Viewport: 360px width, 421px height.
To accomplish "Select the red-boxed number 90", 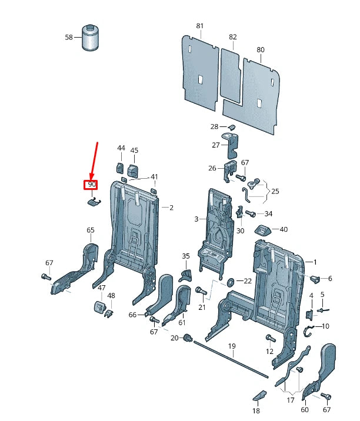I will coord(92,185).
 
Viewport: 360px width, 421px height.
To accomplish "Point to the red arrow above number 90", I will coord(94,160).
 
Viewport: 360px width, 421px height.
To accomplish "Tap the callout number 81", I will coord(199,26).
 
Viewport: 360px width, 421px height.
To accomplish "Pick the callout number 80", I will coord(261,50).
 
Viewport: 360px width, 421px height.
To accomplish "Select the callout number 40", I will coord(284,229).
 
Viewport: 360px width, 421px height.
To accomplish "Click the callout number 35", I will coord(186,256).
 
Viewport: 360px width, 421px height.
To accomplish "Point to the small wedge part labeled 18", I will coord(259,395).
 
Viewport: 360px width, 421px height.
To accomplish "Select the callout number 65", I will coord(91,230).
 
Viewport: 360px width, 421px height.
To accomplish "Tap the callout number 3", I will coord(196,219).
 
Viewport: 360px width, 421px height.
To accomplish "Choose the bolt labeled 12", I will coord(270,338).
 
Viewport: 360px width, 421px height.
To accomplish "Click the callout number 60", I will coord(304,410).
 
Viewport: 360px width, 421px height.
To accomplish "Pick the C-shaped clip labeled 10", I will coord(308,333).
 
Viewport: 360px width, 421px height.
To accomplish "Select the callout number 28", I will coord(214,127).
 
